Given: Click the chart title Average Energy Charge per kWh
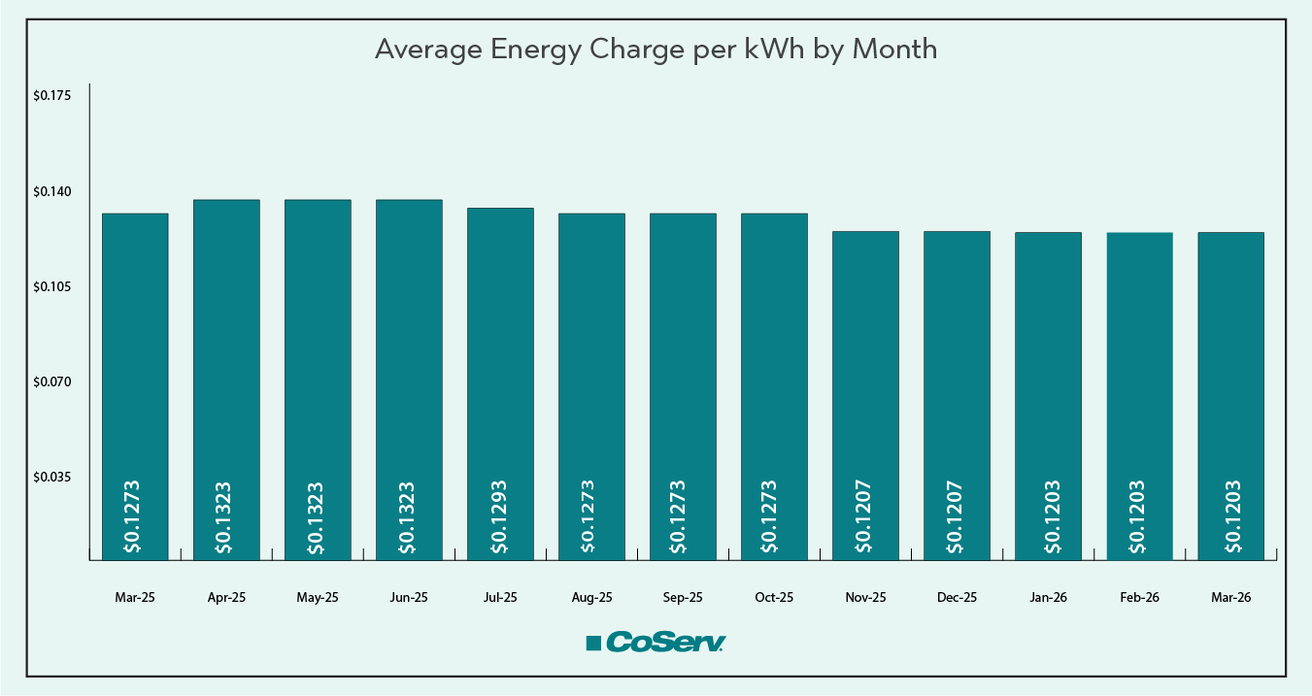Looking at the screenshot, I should tap(656, 50).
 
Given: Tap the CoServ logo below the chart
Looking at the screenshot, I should tap(656, 643).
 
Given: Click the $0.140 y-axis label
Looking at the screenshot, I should tap(51, 191).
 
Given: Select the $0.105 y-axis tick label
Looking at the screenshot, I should tap(51, 286).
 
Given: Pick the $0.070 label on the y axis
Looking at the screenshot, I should tap(51, 381).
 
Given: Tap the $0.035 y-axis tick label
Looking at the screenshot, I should tap(51, 477).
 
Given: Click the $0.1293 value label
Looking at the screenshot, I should tap(500, 516).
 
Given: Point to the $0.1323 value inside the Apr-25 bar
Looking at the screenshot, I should tap(226, 516).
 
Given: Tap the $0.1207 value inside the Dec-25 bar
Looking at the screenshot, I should tap(957, 516).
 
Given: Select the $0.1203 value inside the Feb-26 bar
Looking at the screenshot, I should tap(1139, 516).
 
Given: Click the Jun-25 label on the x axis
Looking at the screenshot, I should tap(409, 598).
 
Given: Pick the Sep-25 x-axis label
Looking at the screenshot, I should tap(683, 598).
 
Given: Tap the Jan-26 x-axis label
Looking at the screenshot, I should tap(1048, 598).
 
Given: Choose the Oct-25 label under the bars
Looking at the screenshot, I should tap(774, 598).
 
